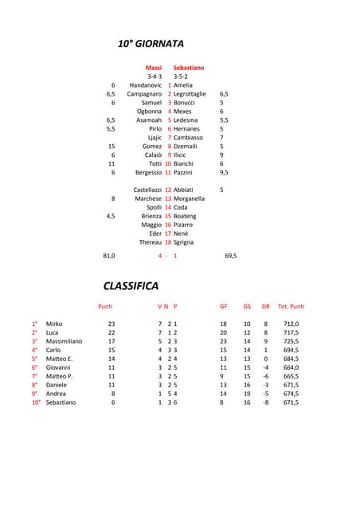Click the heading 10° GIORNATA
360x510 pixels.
click(x=151, y=43)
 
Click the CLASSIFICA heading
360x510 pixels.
click(x=131, y=285)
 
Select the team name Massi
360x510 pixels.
click(x=154, y=68)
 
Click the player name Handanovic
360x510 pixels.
click(x=146, y=85)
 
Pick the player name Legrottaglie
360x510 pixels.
click(x=190, y=94)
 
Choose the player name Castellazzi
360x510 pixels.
click(x=147, y=190)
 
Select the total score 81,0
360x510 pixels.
click(x=109, y=256)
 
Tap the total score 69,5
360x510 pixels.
click(x=230, y=256)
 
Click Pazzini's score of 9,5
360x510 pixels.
click(x=225, y=172)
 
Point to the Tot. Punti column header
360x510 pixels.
click(x=291, y=306)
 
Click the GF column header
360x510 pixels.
click(x=224, y=306)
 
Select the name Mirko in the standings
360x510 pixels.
click(x=54, y=324)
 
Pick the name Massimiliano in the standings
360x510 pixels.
click(x=64, y=341)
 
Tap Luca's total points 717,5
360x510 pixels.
click(x=291, y=332)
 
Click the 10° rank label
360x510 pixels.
click(x=36, y=402)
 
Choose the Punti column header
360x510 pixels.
click(x=105, y=306)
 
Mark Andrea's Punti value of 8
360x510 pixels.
click(x=113, y=394)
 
